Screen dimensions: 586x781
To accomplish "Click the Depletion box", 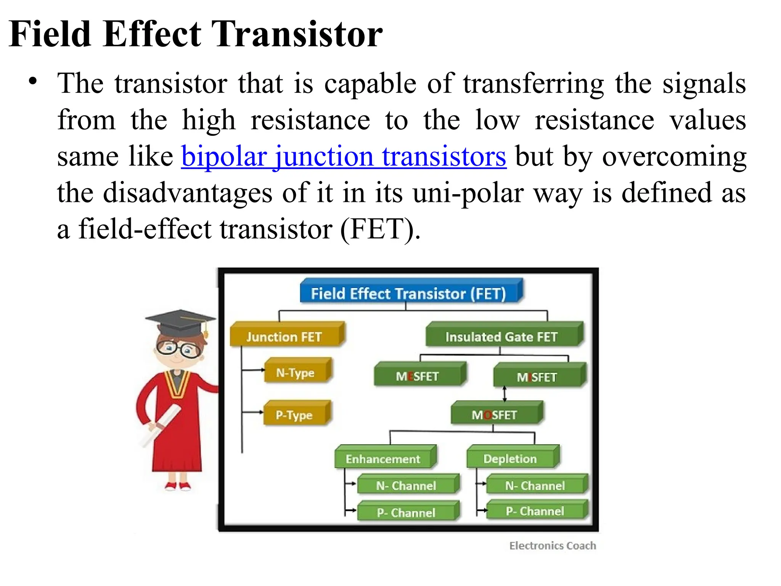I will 511,458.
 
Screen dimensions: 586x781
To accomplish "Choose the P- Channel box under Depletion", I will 536,511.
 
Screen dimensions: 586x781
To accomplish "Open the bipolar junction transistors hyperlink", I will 344,156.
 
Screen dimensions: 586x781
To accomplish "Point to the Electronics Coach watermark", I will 553,546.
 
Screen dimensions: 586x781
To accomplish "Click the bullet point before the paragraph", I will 33,81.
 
